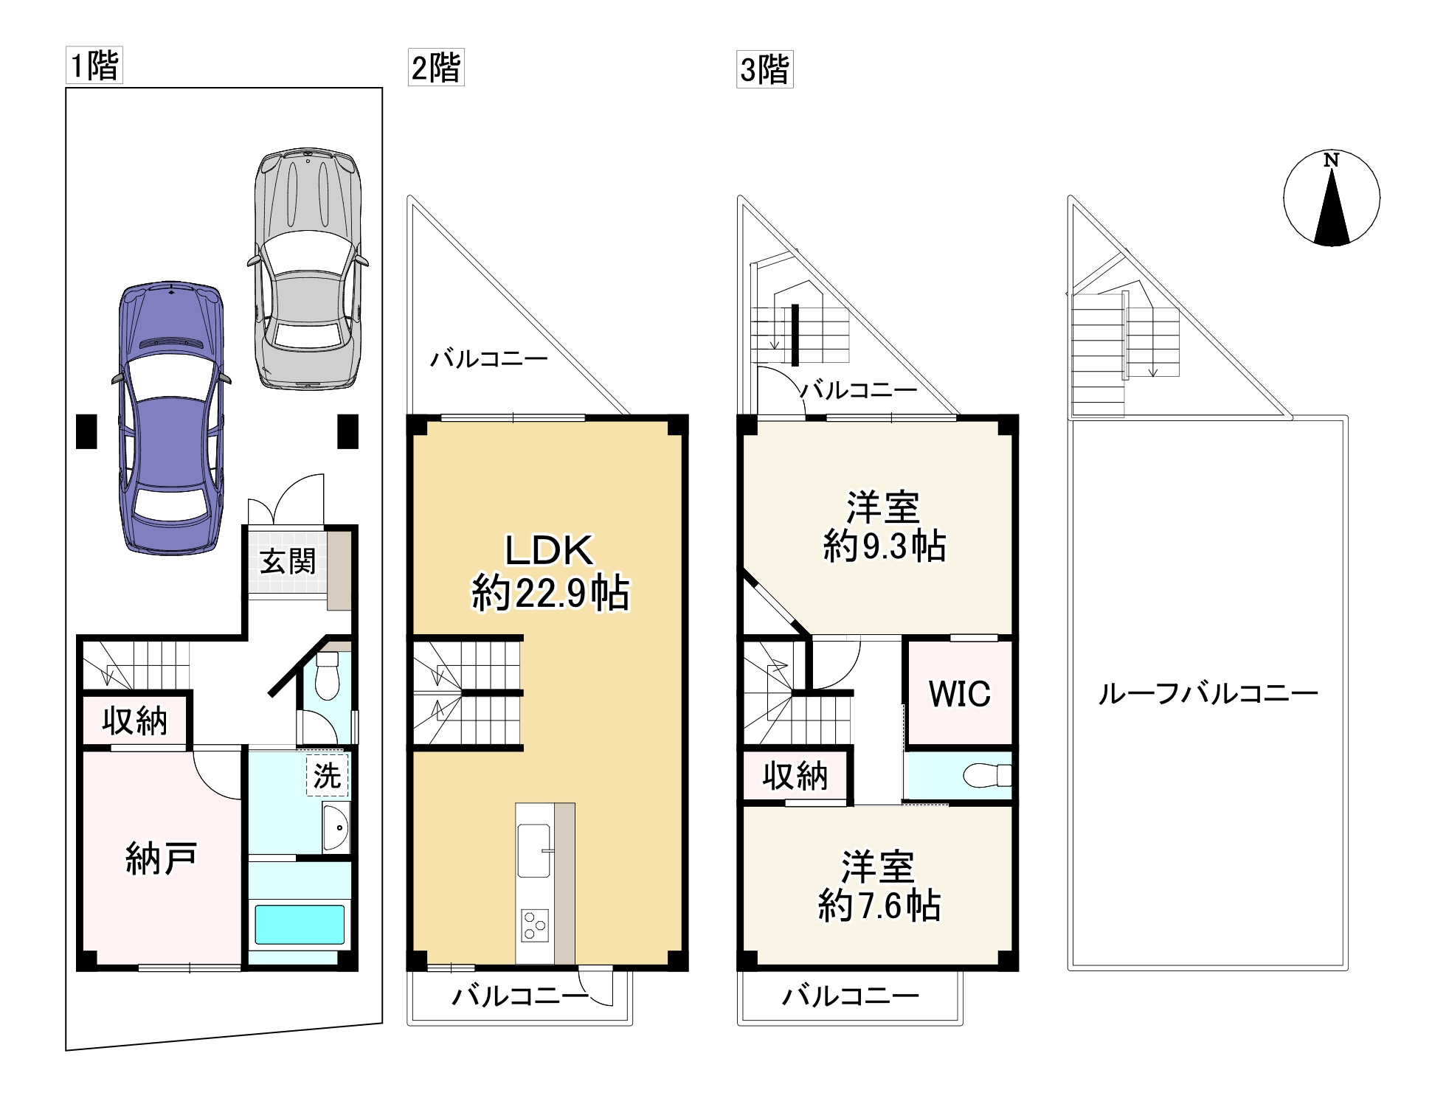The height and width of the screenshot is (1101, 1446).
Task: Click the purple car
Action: pyautogui.click(x=171, y=418)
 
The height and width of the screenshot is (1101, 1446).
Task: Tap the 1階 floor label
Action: pyautogui.click(x=94, y=65)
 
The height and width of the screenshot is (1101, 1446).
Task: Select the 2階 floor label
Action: pyautogui.click(x=436, y=68)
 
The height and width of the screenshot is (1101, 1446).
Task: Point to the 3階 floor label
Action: pyautogui.click(x=765, y=70)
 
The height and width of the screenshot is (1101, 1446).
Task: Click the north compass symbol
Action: pyautogui.click(x=1332, y=198)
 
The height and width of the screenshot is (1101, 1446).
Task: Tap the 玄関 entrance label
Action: pyautogui.click(x=288, y=561)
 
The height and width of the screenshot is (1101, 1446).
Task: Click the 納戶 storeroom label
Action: pyautogui.click(x=161, y=858)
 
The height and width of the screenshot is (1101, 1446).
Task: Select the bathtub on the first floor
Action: pyautogui.click(x=299, y=925)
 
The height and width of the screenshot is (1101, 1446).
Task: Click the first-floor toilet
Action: pyautogui.click(x=325, y=675)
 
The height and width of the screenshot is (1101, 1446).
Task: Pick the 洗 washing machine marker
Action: pyautogui.click(x=327, y=775)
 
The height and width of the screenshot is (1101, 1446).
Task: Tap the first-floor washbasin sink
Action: pyautogui.click(x=336, y=827)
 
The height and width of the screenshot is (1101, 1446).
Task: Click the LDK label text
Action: pyautogui.click(x=548, y=550)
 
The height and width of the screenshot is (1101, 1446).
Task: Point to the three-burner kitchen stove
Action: pyautogui.click(x=534, y=925)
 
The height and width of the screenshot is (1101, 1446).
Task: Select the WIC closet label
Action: pyautogui.click(x=959, y=693)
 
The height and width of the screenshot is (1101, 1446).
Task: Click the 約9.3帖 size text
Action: pyautogui.click(x=884, y=546)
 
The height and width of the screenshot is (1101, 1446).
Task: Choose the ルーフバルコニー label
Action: pyautogui.click(x=1208, y=694)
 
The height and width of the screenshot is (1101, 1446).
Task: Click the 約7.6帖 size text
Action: pyautogui.click(x=879, y=906)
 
